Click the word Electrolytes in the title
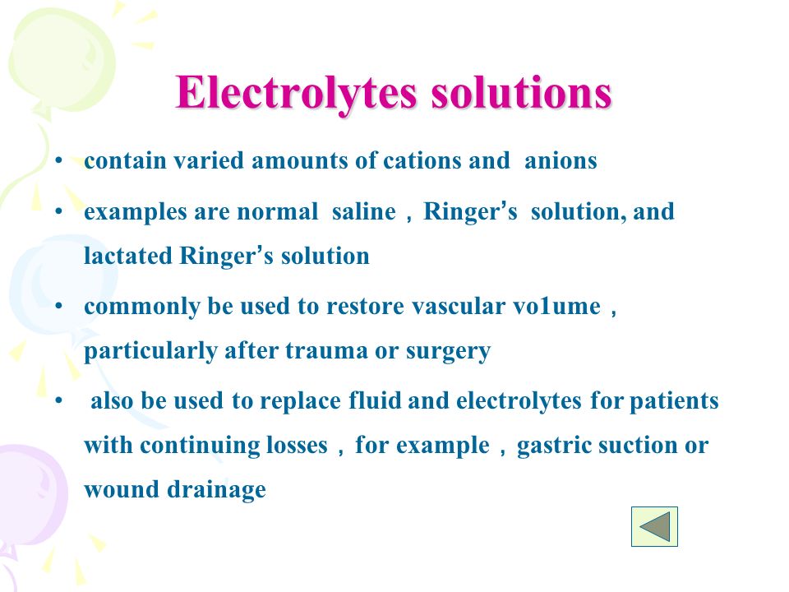pyautogui.click(x=297, y=94)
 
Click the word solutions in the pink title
pyautogui.click(x=521, y=93)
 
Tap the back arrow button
pyautogui.click(x=654, y=526)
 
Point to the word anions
pyautogui.click(x=561, y=161)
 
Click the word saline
pyautogui.click(x=364, y=211)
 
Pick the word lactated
pyautogui.click(x=128, y=256)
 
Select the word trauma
pyautogui.click(x=326, y=351)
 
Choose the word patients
pyautogui.click(x=674, y=401)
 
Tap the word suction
pyautogui.click(x=638, y=446)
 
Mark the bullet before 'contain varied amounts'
pyautogui.click(x=59, y=161)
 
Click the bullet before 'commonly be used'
pyautogui.click(x=59, y=306)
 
